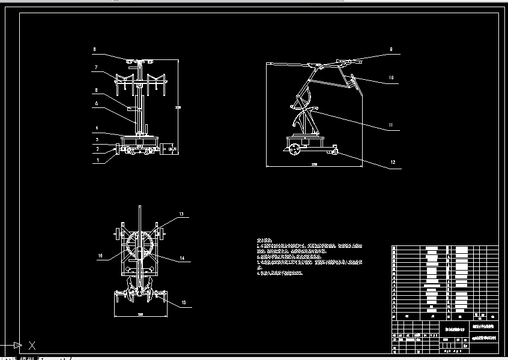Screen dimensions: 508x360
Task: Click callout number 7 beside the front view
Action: tap(95, 68)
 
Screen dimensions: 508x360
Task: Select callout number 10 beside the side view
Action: tap(390, 77)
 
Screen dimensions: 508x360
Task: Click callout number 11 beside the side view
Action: tap(390, 125)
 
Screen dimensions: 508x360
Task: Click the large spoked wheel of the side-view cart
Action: tap(295, 149)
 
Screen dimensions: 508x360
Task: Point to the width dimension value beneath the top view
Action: tap(141, 314)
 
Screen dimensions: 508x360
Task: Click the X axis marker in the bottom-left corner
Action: tap(32, 345)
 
